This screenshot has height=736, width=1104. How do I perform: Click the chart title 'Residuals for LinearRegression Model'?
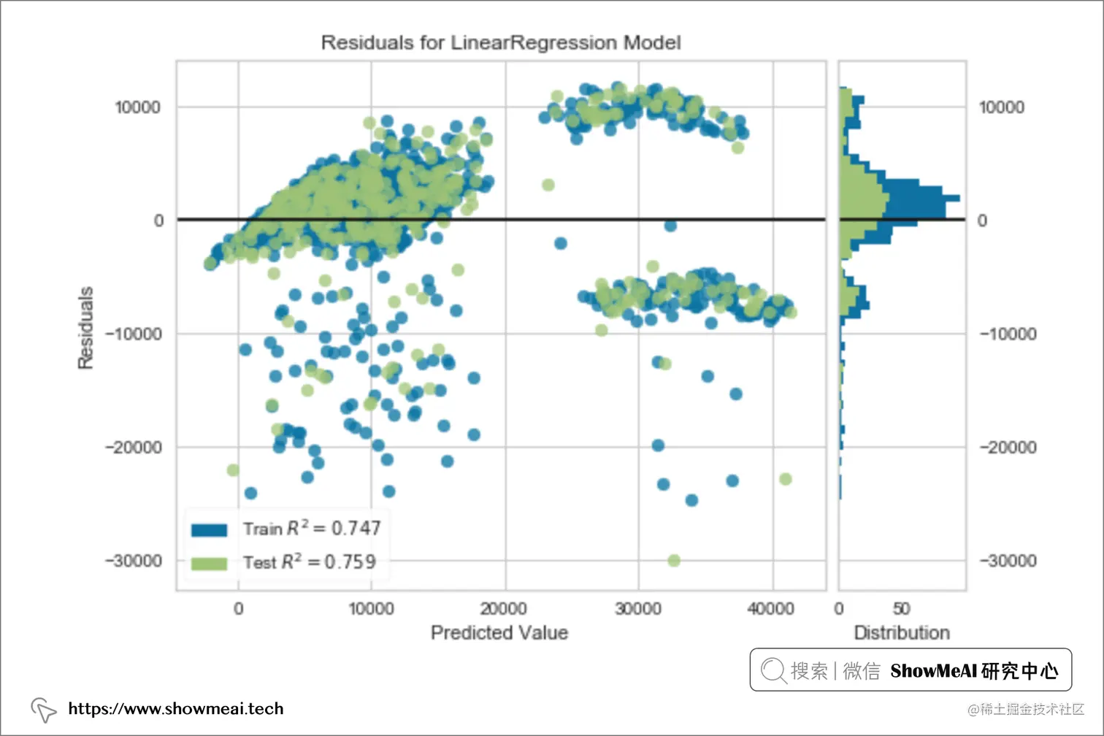(x=501, y=43)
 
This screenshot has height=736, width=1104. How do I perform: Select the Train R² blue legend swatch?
(x=209, y=529)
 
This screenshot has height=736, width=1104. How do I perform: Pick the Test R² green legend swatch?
(x=209, y=563)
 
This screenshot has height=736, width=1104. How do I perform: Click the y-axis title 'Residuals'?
(x=86, y=327)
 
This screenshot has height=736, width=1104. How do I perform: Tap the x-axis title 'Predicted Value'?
(x=499, y=632)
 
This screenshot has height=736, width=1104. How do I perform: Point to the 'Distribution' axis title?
(x=902, y=632)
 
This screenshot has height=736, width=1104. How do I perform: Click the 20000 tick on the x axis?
(x=504, y=609)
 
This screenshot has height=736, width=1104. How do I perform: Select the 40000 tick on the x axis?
(x=771, y=609)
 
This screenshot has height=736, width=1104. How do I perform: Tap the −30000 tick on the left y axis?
(x=134, y=561)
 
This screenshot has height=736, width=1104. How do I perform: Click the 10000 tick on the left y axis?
(x=137, y=107)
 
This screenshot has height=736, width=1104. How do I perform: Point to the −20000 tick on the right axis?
(x=1008, y=447)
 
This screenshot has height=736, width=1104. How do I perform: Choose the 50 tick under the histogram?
(x=902, y=609)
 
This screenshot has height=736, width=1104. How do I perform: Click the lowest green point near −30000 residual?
(x=674, y=560)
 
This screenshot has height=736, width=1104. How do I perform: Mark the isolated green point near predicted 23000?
(x=548, y=185)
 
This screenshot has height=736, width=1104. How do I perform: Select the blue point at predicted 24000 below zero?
(x=561, y=243)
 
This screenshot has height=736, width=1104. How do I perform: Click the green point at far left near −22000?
(x=233, y=469)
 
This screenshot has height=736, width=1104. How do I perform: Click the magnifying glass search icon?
(x=772, y=670)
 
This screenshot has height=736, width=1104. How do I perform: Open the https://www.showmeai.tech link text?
(x=175, y=708)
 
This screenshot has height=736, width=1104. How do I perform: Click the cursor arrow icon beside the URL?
(x=43, y=709)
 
